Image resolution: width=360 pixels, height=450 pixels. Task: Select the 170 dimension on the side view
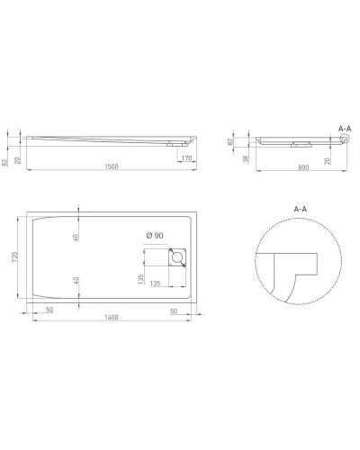(x=185, y=158)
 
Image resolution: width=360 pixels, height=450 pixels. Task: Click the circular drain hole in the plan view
(x=177, y=259)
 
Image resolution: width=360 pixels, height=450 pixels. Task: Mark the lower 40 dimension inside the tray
(x=76, y=280)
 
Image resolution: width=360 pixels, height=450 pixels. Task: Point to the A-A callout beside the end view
(x=344, y=129)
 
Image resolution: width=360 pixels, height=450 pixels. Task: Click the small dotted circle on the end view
(x=341, y=139)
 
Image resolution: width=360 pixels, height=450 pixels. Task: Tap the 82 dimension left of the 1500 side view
(x=7, y=159)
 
